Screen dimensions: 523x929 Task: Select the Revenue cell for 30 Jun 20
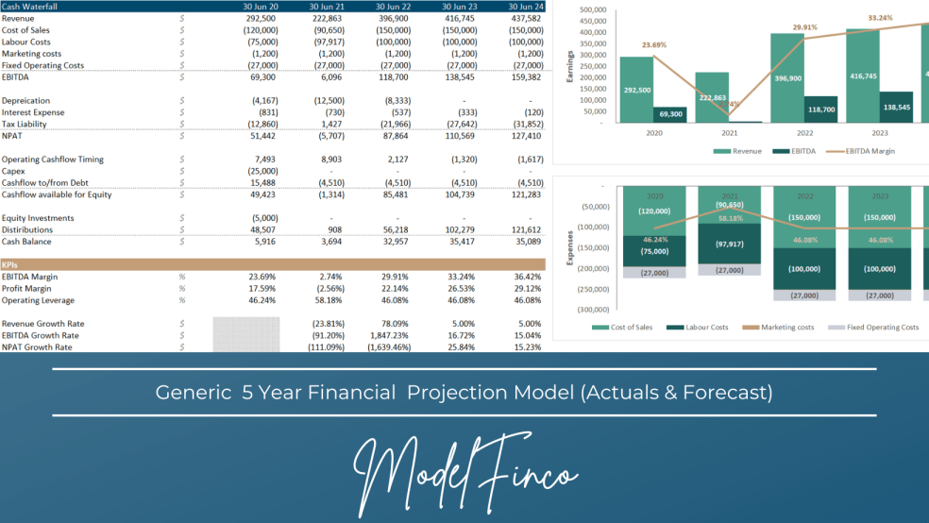261,18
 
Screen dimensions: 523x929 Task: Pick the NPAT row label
14,136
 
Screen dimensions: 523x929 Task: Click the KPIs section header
11,265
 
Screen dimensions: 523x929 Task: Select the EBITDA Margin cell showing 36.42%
527,277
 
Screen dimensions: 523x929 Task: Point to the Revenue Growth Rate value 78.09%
394,324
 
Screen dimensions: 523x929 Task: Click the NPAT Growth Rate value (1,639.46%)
389,347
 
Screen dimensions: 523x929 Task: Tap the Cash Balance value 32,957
394,242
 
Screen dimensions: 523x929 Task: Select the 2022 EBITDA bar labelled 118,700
820,110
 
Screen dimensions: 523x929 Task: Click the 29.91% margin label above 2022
805,27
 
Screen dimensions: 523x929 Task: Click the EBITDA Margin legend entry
863,151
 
